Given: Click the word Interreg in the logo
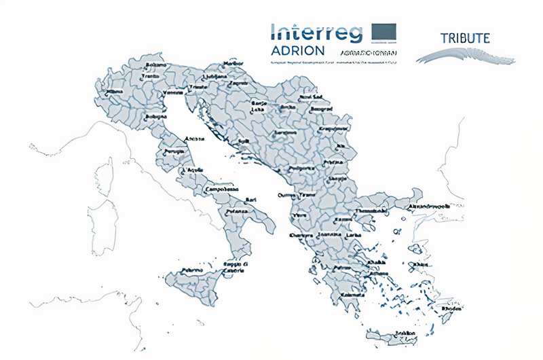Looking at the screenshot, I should (x=316, y=31).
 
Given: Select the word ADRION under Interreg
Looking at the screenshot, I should (x=297, y=51).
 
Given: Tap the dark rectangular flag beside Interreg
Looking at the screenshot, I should (x=384, y=31).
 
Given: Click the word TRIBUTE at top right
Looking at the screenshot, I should (x=465, y=38).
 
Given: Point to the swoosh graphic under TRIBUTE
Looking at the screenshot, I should (x=465, y=56).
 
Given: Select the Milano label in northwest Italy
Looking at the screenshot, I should (x=115, y=90).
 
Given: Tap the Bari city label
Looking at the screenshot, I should (x=251, y=200).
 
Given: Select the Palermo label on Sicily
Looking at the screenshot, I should (x=191, y=270).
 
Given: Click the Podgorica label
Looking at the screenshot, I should (x=301, y=167).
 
